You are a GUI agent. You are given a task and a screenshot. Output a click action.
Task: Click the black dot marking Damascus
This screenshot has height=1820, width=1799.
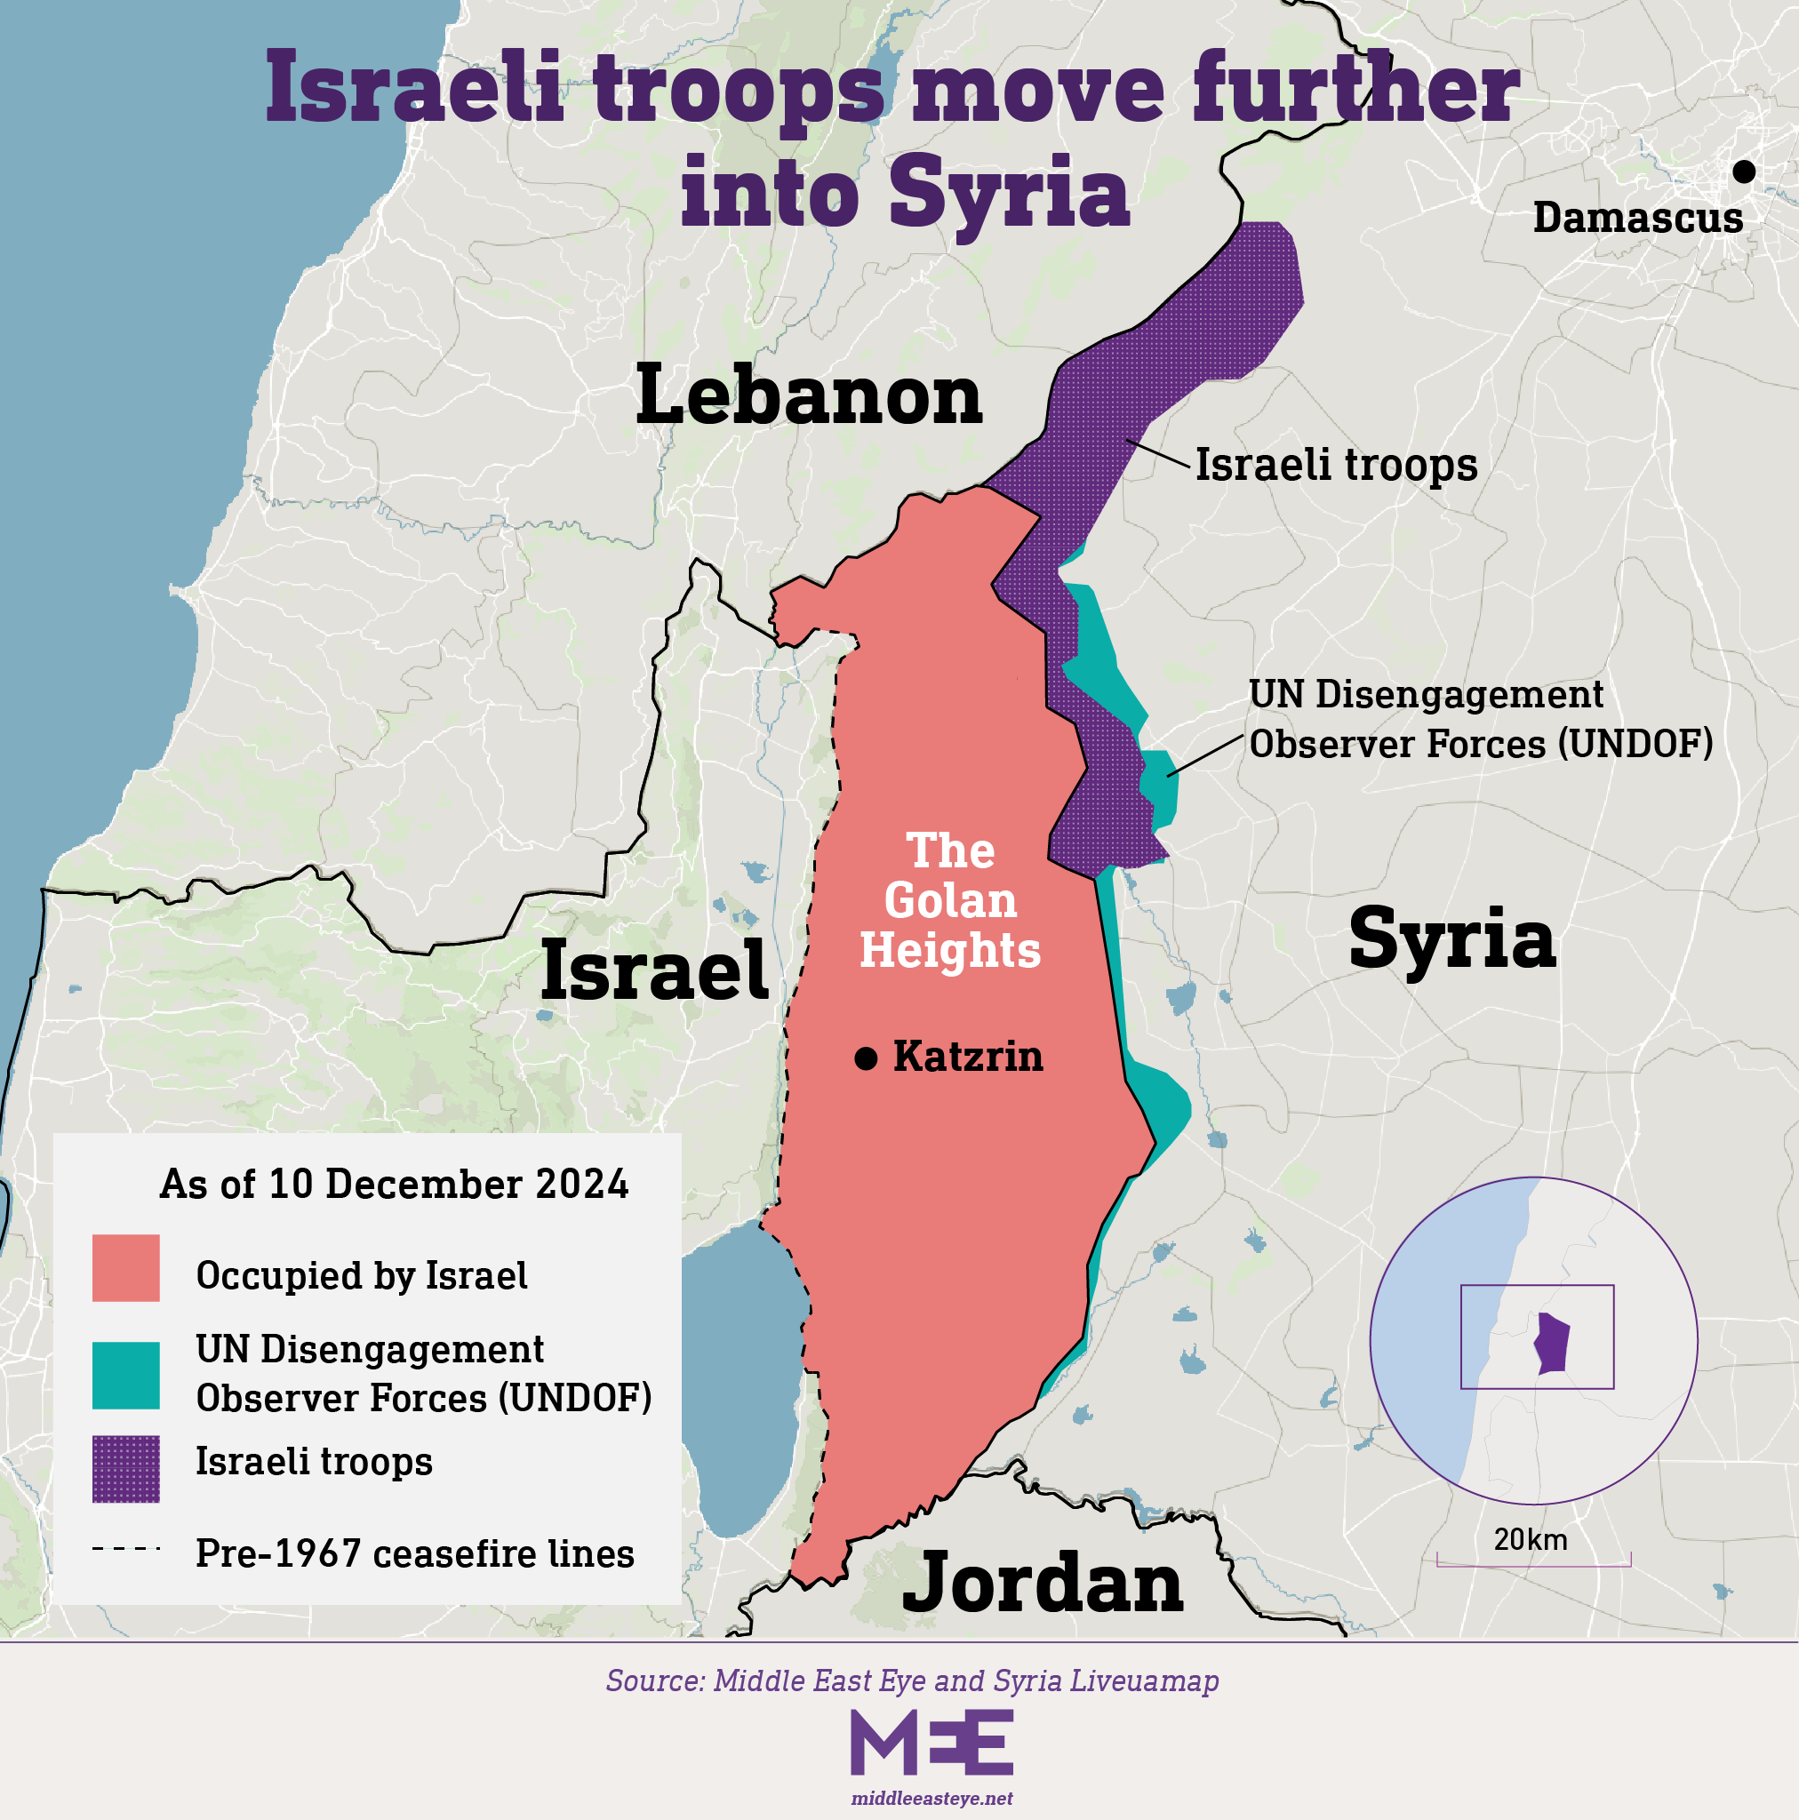pyautogui.click(x=1743, y=172)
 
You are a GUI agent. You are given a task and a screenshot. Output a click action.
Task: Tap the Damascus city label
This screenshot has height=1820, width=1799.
pyautogui.click(x=1638, y=218)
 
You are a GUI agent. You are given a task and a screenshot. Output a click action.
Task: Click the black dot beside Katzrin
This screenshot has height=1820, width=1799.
pyautogui.click(x=865, y=1058)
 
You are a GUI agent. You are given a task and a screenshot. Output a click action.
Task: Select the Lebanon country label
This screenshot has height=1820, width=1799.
pyautogui.click(x=809, y=395)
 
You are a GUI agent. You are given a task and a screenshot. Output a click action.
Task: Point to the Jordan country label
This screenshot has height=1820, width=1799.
pyautogui.click(x=1043, y=1583)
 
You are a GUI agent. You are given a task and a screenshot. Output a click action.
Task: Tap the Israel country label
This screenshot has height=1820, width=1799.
pyautogui.click(x=654, y=970)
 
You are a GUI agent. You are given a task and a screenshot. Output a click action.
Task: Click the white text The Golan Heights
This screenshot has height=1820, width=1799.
pyautogui.click(x=950, y=900)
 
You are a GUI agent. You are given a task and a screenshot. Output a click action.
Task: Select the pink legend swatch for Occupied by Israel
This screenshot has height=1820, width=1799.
pyautogui.click(x=125, y=1268)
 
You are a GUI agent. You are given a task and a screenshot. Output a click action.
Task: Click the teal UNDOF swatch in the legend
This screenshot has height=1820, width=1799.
pyautogui.click(x=125, y=1376)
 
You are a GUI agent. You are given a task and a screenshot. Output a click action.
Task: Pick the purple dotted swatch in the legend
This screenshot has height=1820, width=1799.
pyautogui.click(x=125, y=1469)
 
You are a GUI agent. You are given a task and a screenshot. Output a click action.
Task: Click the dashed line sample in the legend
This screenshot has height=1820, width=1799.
pyautogui.click(x=125, y=1548)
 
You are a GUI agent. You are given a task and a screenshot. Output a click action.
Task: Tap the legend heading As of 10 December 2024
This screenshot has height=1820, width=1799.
pyautogui.click(x=394, y=1184)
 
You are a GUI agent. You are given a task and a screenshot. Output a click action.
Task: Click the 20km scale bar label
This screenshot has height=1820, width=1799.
pyautogui.click(x=1531, y=1539)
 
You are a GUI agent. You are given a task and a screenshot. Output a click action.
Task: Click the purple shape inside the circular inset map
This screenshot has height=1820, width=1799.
pyautogui.click(x=1552, y=1344)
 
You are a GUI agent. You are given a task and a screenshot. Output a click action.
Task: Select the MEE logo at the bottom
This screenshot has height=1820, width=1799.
pyautogui.click(x=931, y=1743)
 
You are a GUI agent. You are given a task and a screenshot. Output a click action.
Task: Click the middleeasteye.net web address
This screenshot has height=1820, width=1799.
pyautogui.click(x=931, y=1799)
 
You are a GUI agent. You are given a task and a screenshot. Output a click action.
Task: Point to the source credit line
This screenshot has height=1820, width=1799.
pyautogui.click(x=912, y=1680)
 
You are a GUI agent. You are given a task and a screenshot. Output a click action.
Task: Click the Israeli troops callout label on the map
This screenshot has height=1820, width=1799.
pyautogui.click(x=1336, y=465)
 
